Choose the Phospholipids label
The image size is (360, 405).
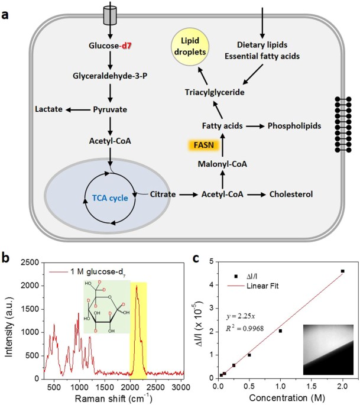click(x=294, y=126)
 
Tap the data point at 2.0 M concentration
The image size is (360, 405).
click(x=342, y=271)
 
